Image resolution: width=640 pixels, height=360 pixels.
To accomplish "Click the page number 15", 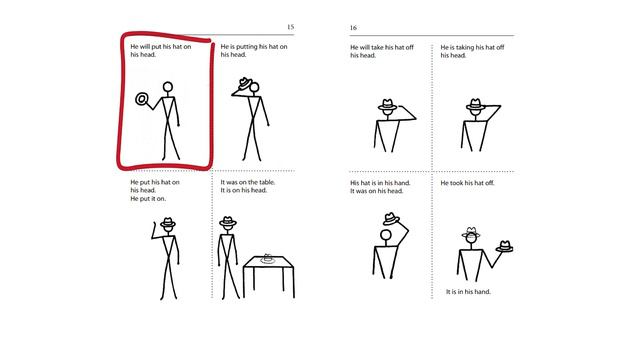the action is click(x=290, y=27).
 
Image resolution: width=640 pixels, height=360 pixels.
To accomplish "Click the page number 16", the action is click(x=353, y=28).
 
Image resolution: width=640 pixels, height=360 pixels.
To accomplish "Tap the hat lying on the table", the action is click(x=267, y=258).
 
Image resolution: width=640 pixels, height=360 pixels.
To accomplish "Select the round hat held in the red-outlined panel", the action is click(x=142, y=99).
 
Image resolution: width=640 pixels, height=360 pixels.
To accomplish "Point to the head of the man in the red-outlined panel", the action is click(x=168, y=87).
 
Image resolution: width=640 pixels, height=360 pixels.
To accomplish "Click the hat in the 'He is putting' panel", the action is click(x=245, y=84).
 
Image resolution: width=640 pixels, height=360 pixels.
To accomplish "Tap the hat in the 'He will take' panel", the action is click(x=387, y=104).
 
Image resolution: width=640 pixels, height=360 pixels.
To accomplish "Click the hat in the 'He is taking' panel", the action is click(x=475, y=104).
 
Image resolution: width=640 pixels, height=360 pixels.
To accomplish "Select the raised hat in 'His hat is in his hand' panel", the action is click(x=391, y=219).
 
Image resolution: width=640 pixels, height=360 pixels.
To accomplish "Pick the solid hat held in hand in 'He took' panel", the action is click(x=504, y=247).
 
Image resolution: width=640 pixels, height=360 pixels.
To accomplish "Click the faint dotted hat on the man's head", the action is click(x=471, y=232).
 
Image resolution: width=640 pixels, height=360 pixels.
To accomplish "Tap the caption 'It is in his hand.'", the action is click(x=468, y=292).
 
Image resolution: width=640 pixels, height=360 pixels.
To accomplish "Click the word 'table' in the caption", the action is click(x=266, y=182).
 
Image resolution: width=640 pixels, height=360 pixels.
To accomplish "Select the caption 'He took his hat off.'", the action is click(x=467, y=183).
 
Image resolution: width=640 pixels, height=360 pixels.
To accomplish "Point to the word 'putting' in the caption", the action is click(x=247, y=47).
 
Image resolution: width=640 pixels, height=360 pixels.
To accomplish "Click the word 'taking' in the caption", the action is click(x=464, y=48).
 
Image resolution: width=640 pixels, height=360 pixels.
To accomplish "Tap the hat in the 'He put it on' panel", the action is click(x=168, y=222).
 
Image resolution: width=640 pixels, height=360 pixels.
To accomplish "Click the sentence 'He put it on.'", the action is click(x=148, y=199).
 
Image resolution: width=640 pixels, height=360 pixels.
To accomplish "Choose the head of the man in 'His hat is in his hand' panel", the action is click(x=386, y=235).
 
